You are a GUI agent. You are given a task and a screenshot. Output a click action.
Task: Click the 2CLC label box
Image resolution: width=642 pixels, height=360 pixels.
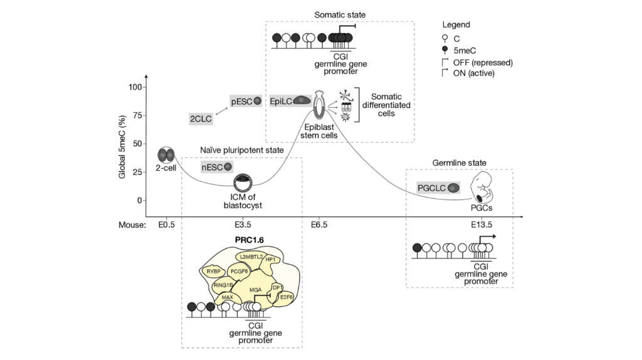tap(200, 118)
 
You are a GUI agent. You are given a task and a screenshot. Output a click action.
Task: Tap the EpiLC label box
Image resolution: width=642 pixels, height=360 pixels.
tap(290, 100)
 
